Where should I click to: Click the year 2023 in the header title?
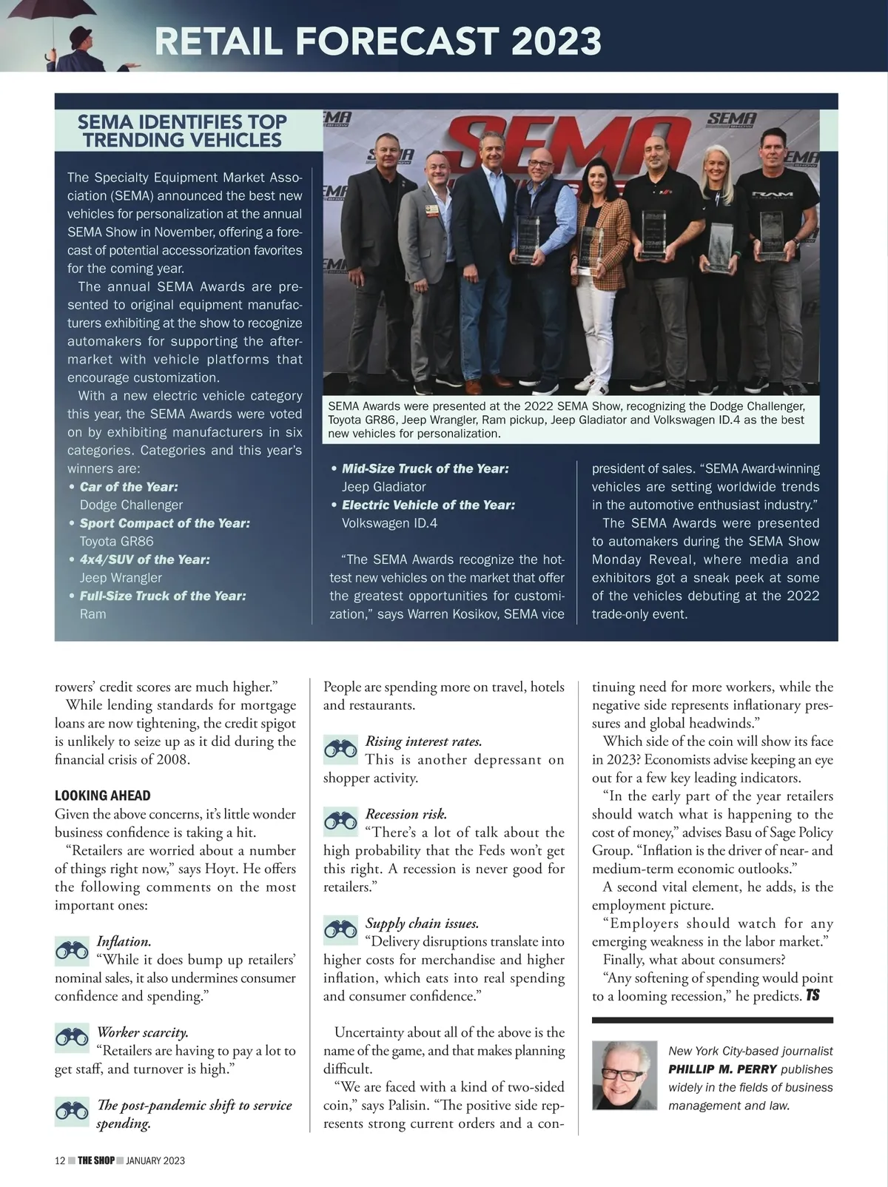click(x=556, y=41)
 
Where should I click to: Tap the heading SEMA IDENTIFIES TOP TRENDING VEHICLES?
click(x=182, y=131)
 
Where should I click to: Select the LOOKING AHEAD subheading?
click(x=103, y=796)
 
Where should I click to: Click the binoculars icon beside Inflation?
click(x=72, y=950)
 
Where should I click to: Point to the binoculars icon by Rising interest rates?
click(x=340, y=750)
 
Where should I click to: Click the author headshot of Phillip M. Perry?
click(x=625, y=1075)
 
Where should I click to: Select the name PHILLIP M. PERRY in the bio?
click(x=722, y=1069)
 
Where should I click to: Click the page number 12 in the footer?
click(x=60, y=1160)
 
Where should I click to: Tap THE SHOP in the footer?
click(x=96, y=1160)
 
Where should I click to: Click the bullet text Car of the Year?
click(x=129, y=487)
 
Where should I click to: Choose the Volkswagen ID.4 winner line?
click(x=389, y=523)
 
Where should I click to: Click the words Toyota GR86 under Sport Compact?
click(x=116, y=541)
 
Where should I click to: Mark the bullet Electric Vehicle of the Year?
click(x=428, y=505)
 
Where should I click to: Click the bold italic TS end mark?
click(x=813, y=995)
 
